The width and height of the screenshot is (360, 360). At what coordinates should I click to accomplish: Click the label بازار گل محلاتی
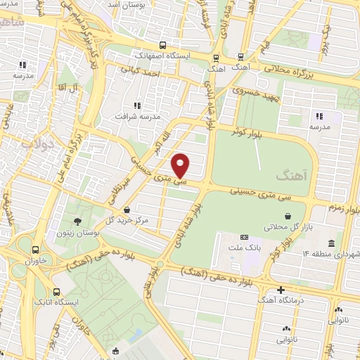coord(285,227)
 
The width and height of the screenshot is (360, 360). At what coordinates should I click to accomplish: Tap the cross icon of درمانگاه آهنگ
coord(281,290)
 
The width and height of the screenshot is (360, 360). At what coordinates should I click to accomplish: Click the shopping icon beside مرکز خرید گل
coord(126,210)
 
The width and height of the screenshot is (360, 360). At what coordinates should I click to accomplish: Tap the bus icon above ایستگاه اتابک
coord(57,291)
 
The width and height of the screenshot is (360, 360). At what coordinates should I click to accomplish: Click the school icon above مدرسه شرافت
coord(136,105)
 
